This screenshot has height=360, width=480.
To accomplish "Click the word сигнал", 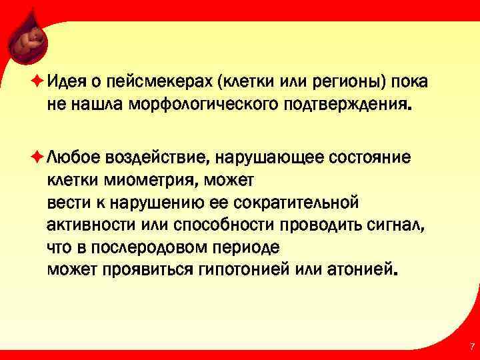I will [395, 223].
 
